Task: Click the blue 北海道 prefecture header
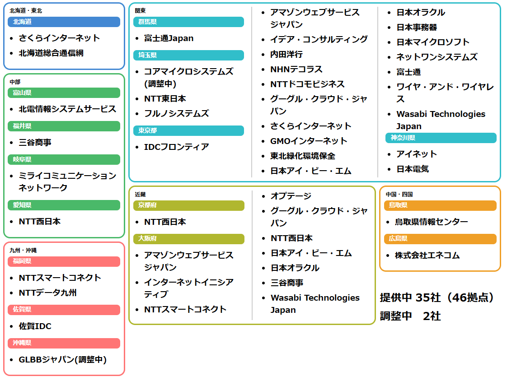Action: click(x=64, y=22)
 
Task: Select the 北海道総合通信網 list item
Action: click(x=51, y=53)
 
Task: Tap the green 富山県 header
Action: click(x=64, y=93)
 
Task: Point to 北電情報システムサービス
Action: click(x=67, y=109)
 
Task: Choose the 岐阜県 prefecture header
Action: click(x=64, y=160)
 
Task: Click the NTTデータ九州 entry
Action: click(x=48, y=293)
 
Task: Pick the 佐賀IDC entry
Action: click(x=35, y=326)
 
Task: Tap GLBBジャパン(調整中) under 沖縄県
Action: click(x=63, y=360)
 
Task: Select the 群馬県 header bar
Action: click(x=189, y=22)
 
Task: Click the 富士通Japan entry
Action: click(x=169, y=38)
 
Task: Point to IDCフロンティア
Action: click(x=177, y=147)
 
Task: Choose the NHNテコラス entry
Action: click(x=296, y=70)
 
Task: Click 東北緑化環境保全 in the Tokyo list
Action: click(x=303, y=156)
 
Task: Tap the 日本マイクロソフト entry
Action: click(x=433, y=42)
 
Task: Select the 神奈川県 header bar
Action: click(x=441, y=138)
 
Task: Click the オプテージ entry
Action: click(x=291, y=196)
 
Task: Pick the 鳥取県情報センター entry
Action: click(x=432, y=222)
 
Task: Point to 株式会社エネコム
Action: click(x=427, y=256)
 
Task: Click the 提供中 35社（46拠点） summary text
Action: click(x=437, y=297)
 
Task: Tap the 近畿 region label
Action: click(x=141, y=195)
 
